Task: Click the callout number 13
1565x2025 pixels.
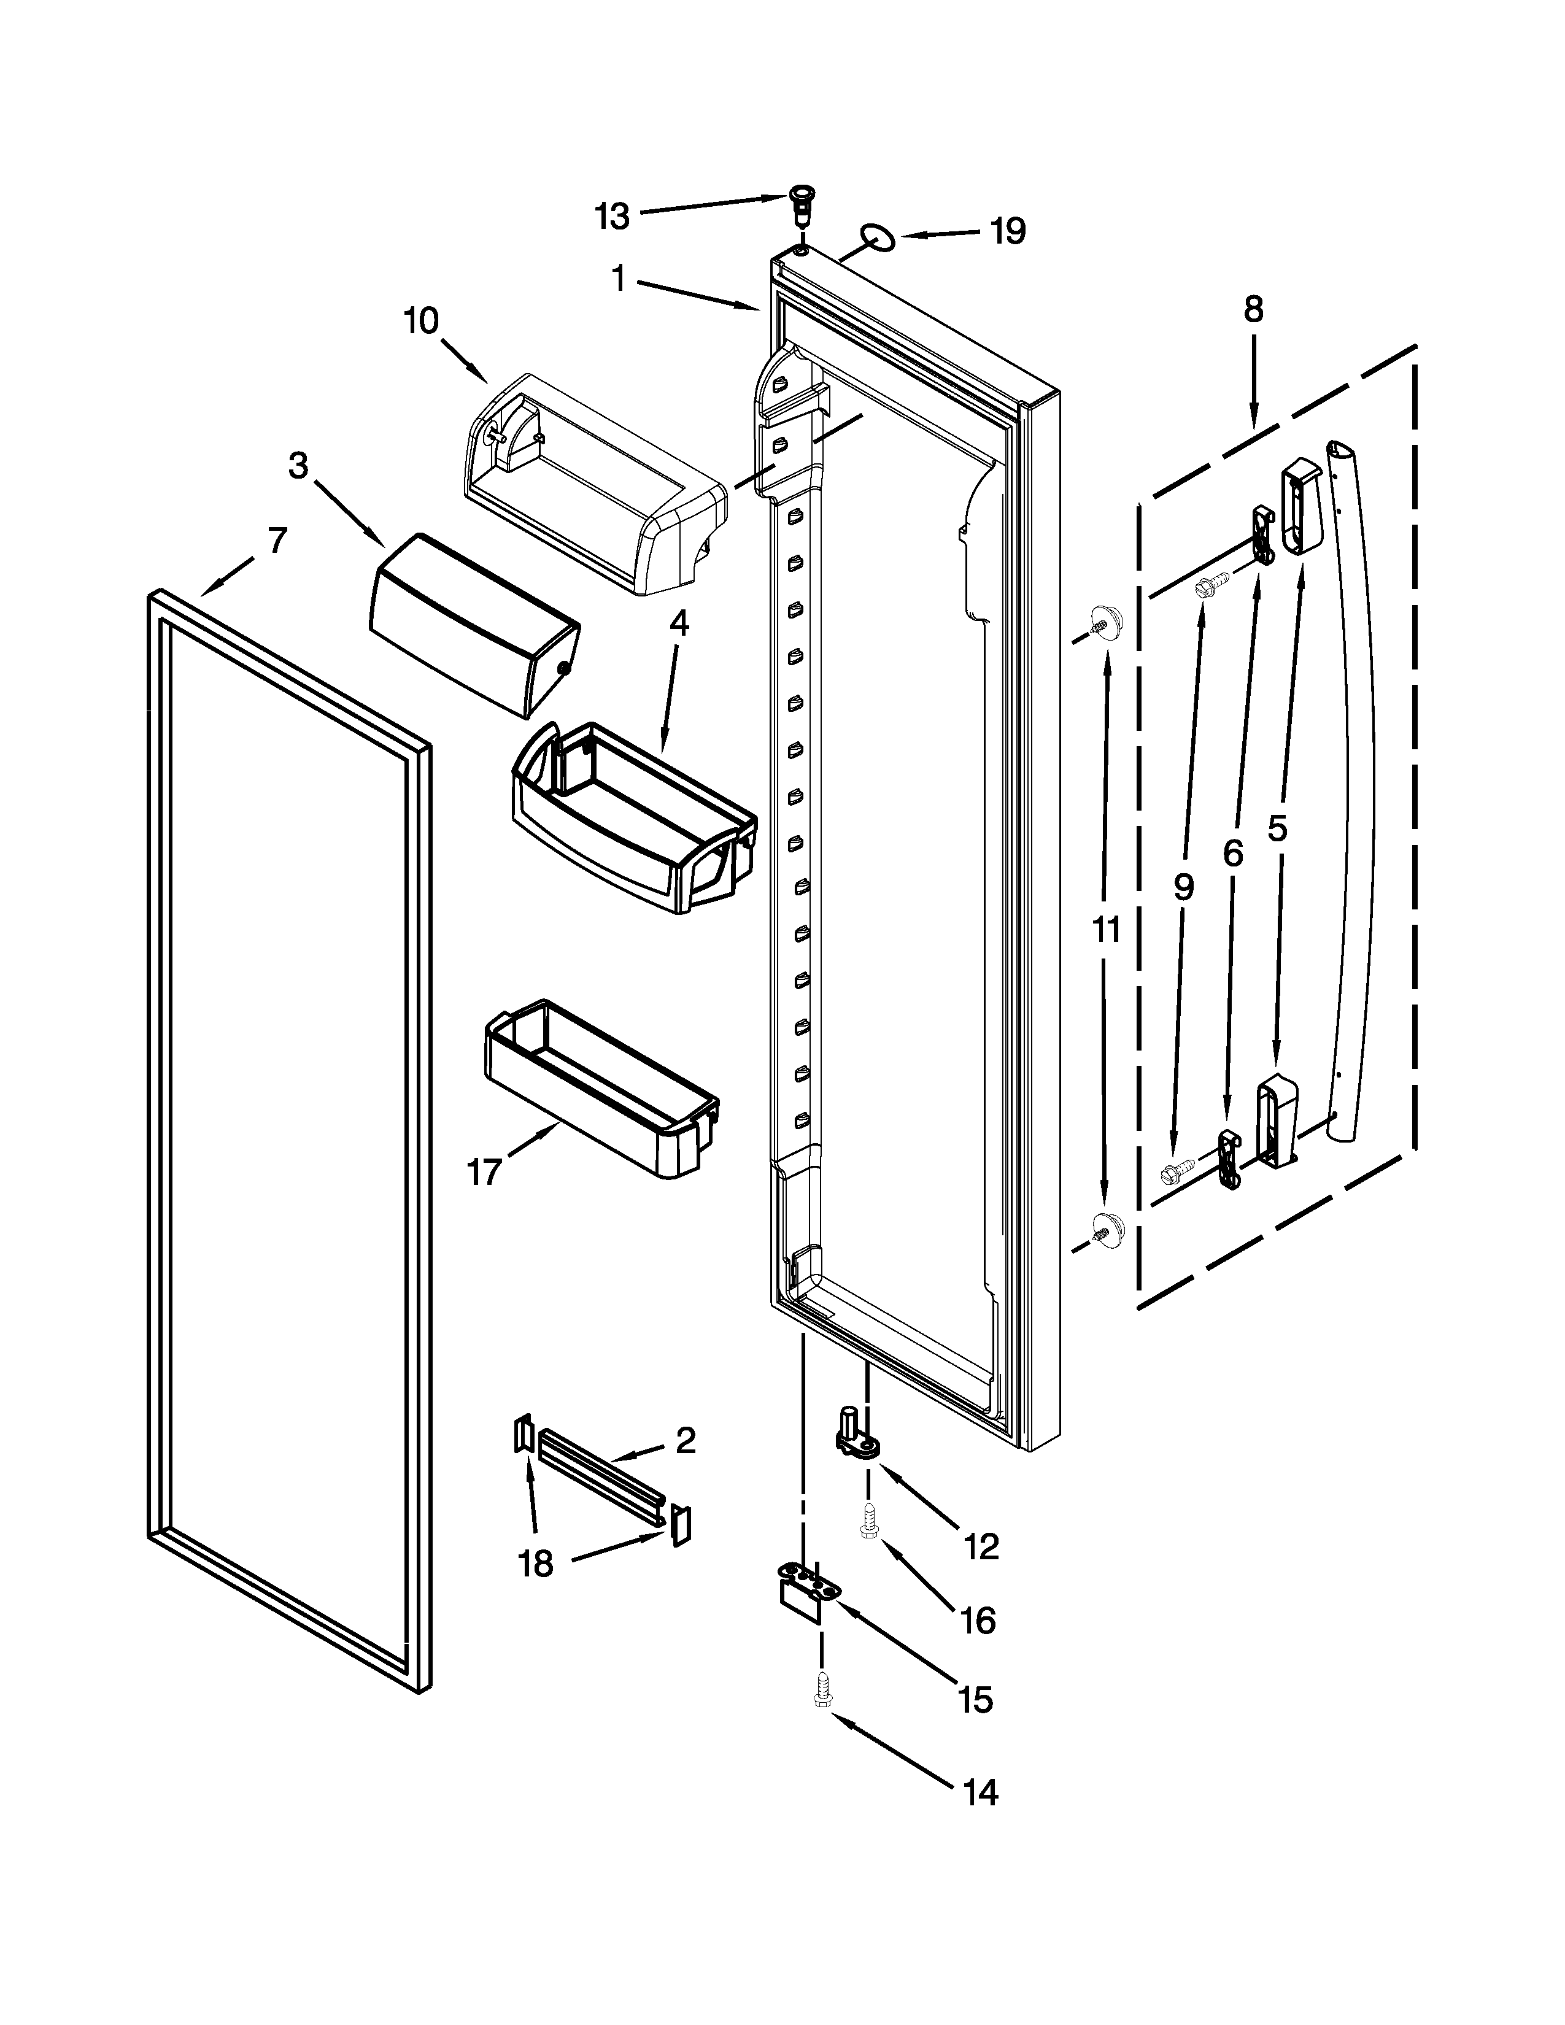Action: click(611, 216)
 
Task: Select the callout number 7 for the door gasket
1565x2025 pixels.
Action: click(277, 539)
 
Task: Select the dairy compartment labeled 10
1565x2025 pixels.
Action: click(593, 482)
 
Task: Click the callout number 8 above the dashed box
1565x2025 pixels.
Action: click(1253, 310)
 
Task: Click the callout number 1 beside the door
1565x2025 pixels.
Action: click(619, 278)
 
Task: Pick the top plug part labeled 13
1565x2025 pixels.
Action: click(798, 201)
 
